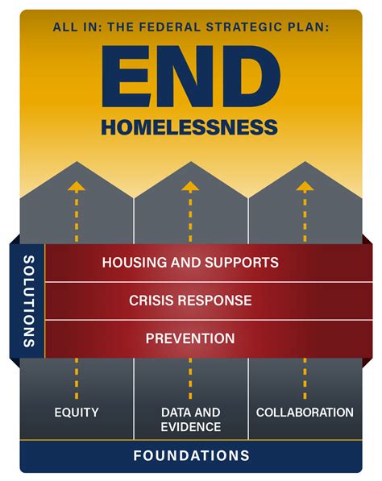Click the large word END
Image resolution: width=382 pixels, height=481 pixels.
190,76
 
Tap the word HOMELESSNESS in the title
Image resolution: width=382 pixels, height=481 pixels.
190,126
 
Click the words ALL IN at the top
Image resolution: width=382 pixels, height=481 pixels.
69,27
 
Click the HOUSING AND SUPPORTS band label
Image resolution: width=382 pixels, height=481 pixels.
190,262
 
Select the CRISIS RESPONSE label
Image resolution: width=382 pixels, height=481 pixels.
190,301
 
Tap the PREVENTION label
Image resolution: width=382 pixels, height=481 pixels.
190,338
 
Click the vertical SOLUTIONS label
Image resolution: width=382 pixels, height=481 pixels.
29,301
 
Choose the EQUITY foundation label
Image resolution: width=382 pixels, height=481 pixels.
77,413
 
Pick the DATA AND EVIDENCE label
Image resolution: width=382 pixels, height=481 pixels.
190,420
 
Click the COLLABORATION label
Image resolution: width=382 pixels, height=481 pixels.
305,413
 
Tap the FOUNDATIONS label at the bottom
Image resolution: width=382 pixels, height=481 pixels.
190,455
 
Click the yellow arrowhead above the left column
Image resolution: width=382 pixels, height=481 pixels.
77,186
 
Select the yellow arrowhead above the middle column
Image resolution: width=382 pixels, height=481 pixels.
190,186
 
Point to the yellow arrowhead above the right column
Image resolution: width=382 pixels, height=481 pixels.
305,186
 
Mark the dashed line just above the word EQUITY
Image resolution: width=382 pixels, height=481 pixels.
77,379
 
